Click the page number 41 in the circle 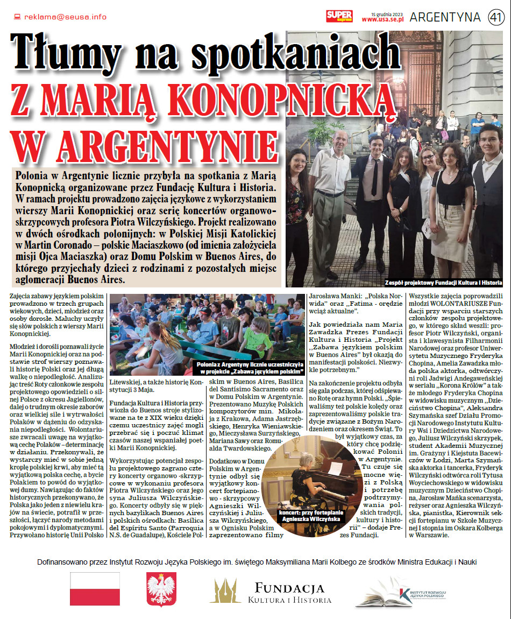click(x=495, y=17)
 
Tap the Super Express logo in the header click(x=339, y=17)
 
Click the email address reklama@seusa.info click(x=65, y=17)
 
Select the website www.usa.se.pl click(x=382, y=19)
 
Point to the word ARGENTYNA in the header click(x=445, y=17)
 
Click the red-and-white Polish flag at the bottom click(x=95, y=589)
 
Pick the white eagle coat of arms click(x=161, y=589)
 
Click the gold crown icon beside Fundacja click(x=225, y=591)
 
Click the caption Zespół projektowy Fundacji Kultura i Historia click(x=443, y=283)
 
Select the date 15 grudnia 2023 click(x=387, y=13)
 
